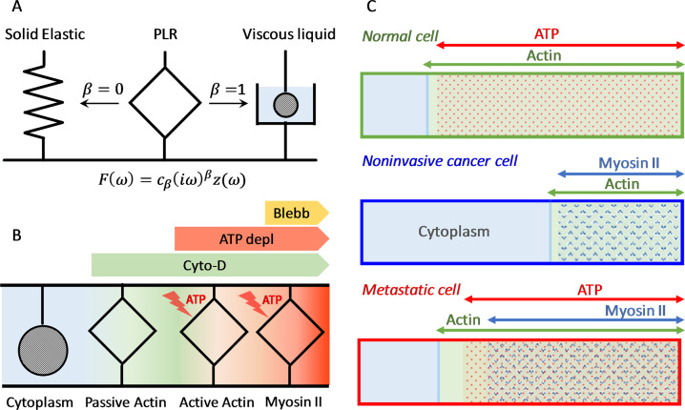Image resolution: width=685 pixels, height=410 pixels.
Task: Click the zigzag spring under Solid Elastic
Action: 43,104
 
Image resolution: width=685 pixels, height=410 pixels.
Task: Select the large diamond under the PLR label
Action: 165,104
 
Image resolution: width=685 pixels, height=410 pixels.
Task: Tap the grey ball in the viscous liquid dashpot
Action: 285,105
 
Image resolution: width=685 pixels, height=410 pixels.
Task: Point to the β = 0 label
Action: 103,90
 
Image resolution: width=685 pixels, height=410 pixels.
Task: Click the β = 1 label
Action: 228,90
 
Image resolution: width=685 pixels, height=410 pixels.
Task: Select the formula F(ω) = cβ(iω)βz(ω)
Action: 172,180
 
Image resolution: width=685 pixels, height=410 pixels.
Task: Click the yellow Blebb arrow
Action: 297,213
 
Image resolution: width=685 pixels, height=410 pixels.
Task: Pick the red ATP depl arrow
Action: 252,238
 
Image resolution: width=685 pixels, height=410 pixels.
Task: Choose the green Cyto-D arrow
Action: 210,265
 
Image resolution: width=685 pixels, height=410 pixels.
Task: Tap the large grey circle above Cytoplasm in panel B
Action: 43,350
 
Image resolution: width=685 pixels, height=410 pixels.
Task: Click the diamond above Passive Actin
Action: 122,331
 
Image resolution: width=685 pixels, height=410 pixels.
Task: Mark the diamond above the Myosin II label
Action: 290,332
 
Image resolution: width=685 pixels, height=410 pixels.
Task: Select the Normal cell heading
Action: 401,36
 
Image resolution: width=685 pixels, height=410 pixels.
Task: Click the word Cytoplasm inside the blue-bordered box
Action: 454,231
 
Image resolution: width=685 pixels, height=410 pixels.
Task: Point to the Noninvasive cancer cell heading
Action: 440,161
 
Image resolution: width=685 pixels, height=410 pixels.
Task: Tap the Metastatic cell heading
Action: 411,290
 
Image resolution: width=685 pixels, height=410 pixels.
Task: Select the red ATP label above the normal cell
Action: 547,33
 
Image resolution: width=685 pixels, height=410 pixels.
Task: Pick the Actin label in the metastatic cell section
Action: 463,320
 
